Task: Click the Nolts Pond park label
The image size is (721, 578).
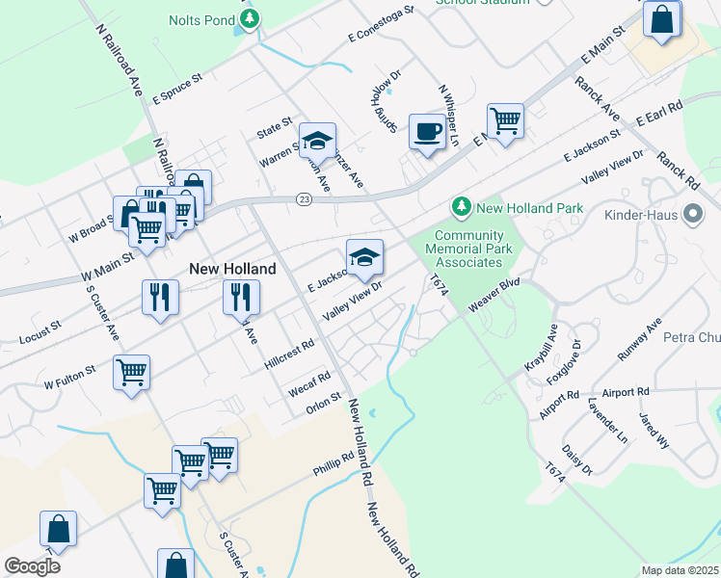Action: pyautogui.click(x=201, y=19)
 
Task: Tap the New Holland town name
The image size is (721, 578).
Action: pyautogui.click(x=232, y=269)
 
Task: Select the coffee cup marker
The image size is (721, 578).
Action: pyautogui.click(x=427, y=132)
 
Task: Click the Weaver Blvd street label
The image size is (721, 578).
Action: pyautogui.click(x=494, y=295)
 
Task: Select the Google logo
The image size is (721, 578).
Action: pyautogui.click(x=32, y=566)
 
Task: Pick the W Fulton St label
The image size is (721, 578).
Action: pyautogui.click(x=70, y=376)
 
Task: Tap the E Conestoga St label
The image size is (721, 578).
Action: pyautogui.click(x=381, y=24)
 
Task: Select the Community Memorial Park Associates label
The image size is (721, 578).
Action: pyautogui.click(x=469, y=248)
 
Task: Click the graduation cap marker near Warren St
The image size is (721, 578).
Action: pyautogui.click(x=317, y=141)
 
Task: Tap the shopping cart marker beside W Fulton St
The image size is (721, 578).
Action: pyautogui.click(x=131, y=372)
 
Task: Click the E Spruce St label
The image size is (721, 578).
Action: pyautogui.click(x=177, y=87)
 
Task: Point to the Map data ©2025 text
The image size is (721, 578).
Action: pyautogui.click(x=680, y=570)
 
